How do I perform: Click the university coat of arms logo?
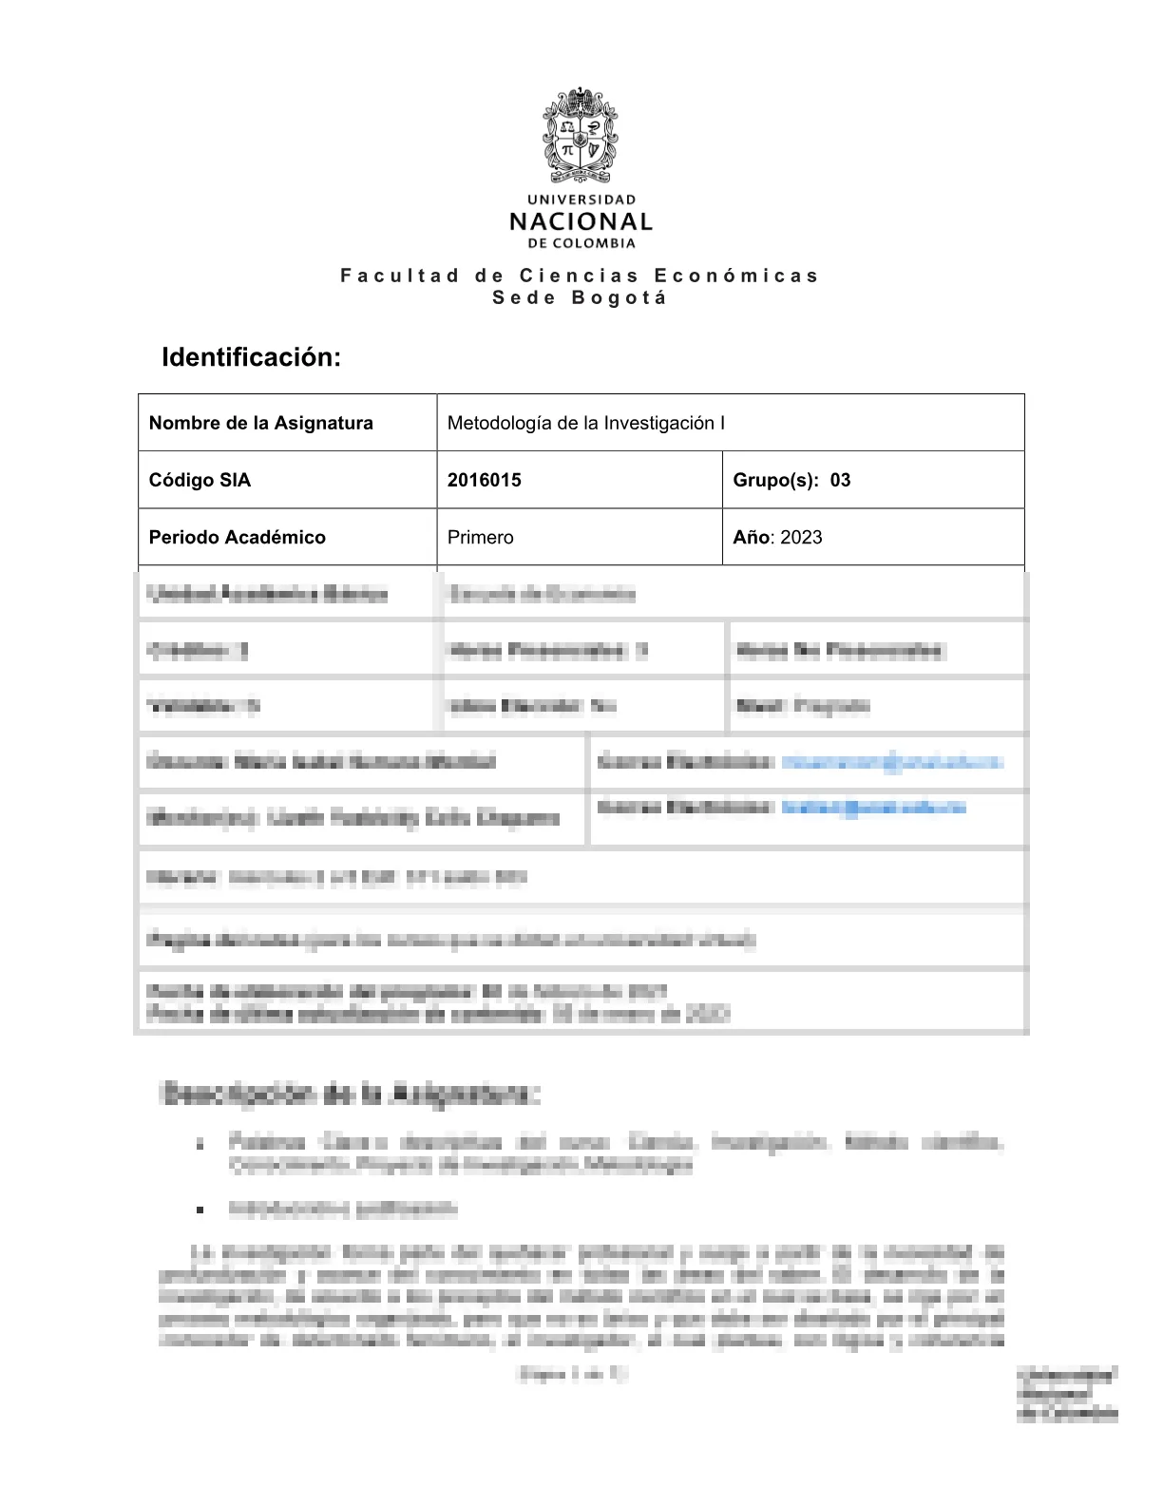[581, 135]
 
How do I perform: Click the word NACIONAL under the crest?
[581, 222]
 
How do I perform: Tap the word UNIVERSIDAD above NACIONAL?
[581, 200]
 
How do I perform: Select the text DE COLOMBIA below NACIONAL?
[581, 243]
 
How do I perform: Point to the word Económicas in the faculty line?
[735, 276]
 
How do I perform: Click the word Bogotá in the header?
[620, 297]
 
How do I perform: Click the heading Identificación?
[251, 357]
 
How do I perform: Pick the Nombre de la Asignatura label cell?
[261, 423]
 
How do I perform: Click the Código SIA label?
[200, 480]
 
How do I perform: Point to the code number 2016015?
[485, 480]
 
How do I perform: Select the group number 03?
[840, 480]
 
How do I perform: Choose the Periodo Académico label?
[238, 537]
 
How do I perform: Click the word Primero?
[481, 537]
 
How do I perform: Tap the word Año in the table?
[751, 537]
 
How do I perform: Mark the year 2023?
[801, 537]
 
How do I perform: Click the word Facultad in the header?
[400, 276]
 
